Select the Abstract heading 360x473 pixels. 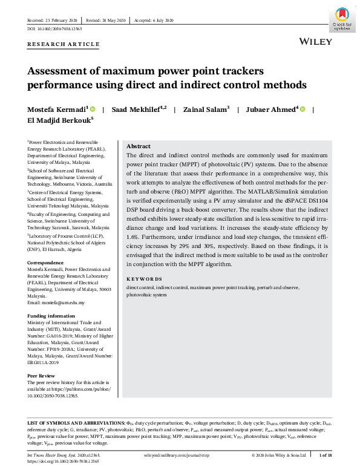[139, 146]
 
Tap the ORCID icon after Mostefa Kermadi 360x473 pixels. [93, 109]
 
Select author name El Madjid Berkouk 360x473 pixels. [58, 120]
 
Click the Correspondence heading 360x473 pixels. [45, 263]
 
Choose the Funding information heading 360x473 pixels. [51, 316]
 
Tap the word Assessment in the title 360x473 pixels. [59, 71]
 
